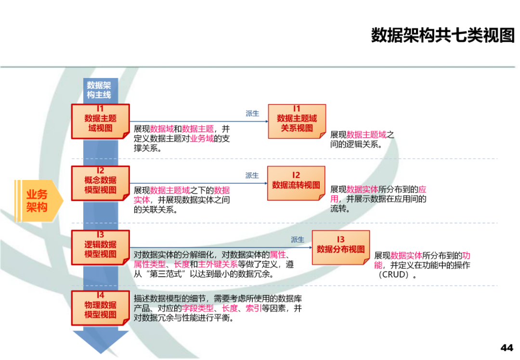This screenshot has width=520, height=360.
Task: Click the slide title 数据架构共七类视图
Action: point(442,35)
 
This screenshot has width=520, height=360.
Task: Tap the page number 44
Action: point(507,347)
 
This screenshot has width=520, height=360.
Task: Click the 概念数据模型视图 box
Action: point(100,183)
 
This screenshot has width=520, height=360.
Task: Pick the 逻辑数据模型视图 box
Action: point(100,248)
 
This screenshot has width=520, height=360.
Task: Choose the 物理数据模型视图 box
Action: point(100,308)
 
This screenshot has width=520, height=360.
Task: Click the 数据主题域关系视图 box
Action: point(297,122)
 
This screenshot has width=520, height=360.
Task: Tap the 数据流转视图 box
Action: point(296,183)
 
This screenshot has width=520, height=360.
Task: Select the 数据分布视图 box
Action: point(340,247)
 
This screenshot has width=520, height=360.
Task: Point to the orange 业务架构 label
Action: point(38,201)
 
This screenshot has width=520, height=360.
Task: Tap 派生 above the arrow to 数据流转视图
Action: point(252,176)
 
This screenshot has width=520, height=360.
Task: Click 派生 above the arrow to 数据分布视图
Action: point(298,240)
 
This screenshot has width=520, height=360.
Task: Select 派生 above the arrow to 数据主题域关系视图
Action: point(252,114)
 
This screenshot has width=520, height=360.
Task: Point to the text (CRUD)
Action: point(396,275)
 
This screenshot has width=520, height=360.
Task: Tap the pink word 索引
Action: point(253,308)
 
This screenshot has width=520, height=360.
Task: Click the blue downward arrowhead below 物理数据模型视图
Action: point(100,341)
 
